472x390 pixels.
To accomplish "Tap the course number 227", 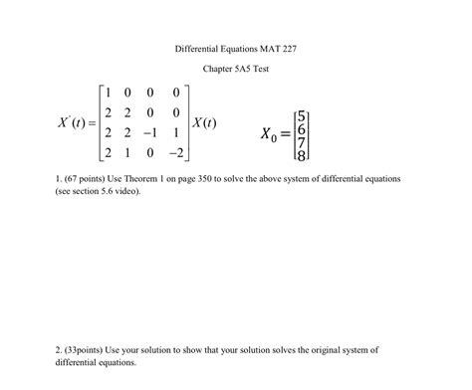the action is point(289,48).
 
